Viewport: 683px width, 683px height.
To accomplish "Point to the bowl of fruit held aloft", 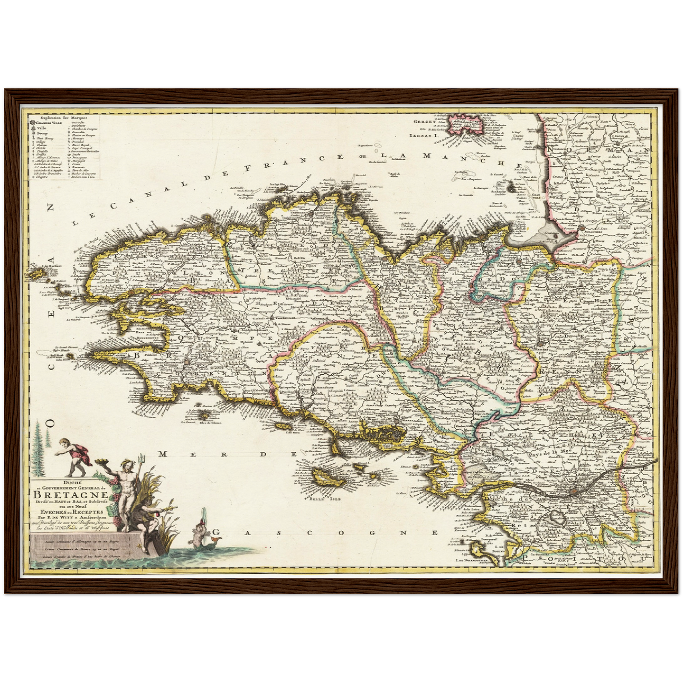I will click(101, 461).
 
